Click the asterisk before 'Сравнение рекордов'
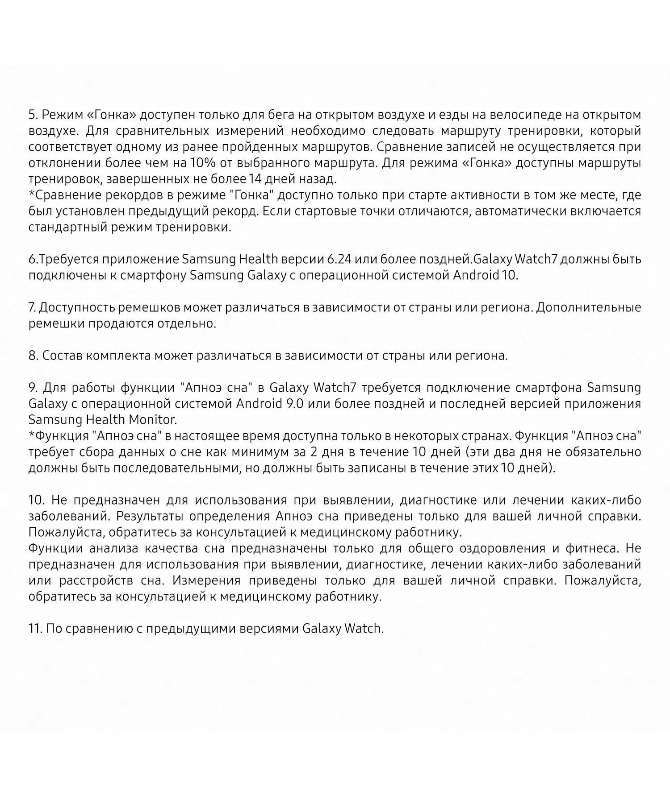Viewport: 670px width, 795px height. [31, 195]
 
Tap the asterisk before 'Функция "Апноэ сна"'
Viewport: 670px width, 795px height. [31, 435]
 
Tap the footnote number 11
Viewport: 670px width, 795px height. [35, 629]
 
